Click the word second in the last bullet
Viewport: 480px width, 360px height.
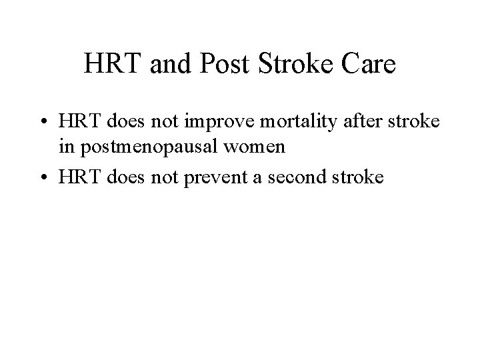pos(307,177)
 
